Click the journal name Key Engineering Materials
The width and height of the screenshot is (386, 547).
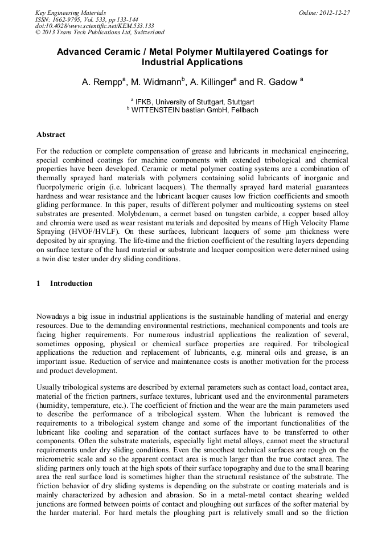(71, 13)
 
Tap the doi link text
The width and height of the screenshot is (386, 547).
(95, 26)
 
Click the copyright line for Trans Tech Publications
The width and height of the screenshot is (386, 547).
(100, 33)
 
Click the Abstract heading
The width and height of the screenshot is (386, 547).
(51, 135)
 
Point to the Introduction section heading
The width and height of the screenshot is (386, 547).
(71, 283)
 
